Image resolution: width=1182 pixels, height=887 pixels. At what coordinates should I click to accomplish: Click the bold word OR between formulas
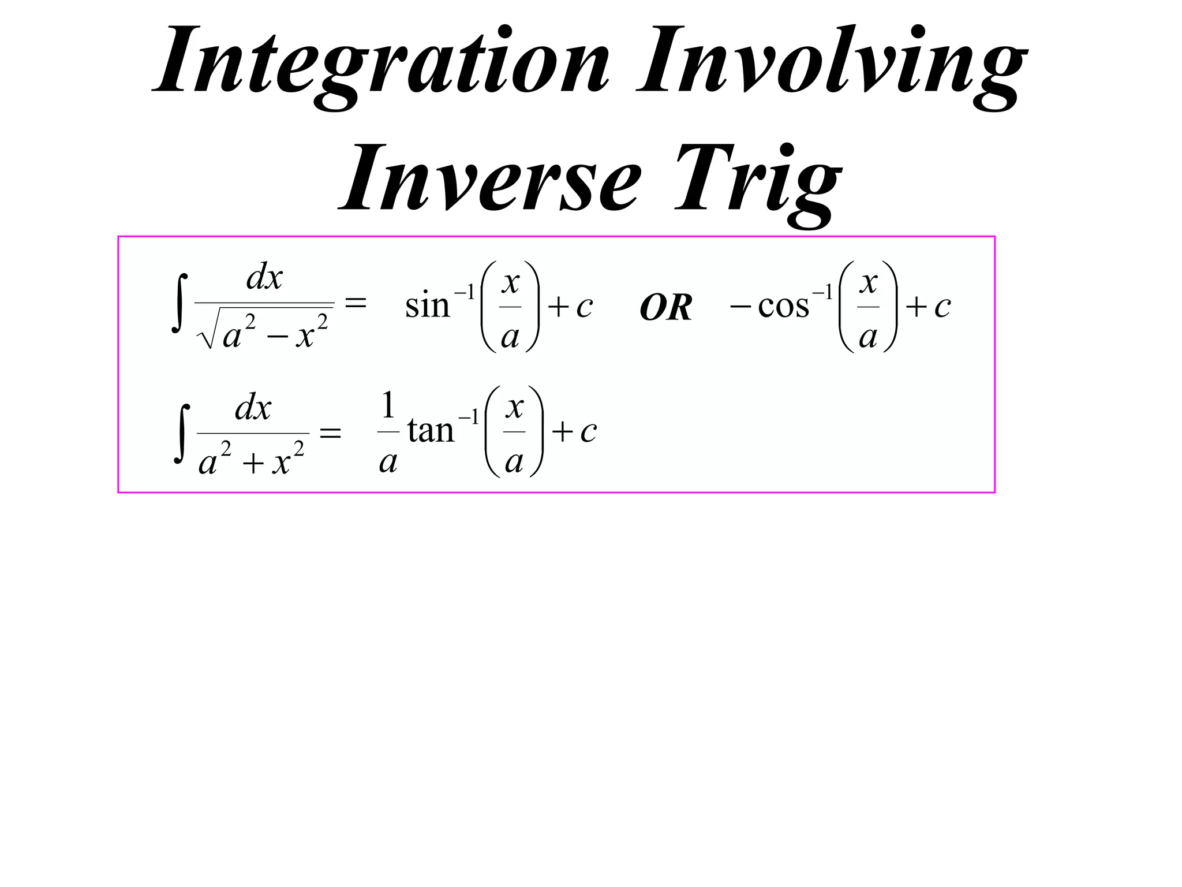665,307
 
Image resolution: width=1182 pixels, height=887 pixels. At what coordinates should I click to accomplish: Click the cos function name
783,306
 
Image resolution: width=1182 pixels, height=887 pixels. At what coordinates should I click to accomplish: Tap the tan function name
431,431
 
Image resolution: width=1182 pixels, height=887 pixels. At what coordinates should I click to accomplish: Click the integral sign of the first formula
180,303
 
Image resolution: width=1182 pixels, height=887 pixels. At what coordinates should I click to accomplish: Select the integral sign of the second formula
182,433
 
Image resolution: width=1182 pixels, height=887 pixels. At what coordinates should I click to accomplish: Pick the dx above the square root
264,278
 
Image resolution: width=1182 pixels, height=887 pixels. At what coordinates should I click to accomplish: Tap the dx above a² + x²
253,409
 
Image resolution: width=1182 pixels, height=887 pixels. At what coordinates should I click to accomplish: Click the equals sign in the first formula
355,302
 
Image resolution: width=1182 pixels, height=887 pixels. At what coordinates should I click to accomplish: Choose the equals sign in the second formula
330,433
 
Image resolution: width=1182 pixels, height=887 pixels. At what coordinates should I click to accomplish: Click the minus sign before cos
740,306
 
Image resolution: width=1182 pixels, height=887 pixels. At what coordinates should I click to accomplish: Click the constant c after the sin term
584,307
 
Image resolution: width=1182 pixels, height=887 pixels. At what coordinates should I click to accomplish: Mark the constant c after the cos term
942,307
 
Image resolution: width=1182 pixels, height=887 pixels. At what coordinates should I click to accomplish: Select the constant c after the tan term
588,432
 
